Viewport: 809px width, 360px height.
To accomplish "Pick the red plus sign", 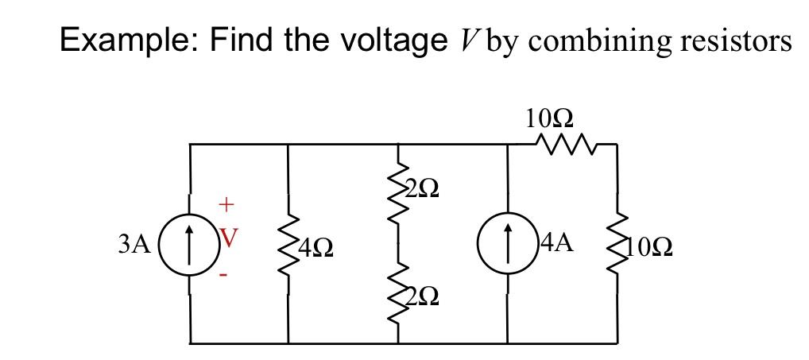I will point(226,205).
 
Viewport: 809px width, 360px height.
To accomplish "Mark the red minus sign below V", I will point(224,275).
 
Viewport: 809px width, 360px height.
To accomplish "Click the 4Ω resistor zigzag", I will point(288,245).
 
